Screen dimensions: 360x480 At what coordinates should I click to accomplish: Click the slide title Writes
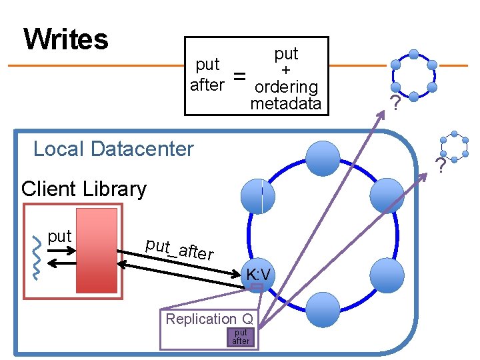coord(65,39)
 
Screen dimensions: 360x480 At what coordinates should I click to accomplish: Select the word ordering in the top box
coord(286,87)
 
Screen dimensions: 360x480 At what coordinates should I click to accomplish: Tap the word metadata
coord(285,103)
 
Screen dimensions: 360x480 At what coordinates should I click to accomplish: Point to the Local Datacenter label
coord(113,148)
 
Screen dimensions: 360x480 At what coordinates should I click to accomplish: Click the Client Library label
coord(84,189)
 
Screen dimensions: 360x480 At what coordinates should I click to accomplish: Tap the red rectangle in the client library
coord(97,251)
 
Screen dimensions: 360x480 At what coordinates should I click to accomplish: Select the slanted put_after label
coord(179,249)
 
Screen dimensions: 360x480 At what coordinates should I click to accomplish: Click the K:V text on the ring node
coord(258,275)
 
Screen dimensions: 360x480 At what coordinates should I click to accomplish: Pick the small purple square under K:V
coord(257,288)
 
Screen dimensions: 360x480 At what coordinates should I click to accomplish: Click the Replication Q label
coord(209,319)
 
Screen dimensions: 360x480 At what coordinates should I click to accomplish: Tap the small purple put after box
coord(241,337)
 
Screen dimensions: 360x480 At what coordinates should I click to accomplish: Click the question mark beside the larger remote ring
coord(395,104)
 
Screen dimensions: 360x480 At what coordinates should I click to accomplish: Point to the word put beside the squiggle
coord(59,237)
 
